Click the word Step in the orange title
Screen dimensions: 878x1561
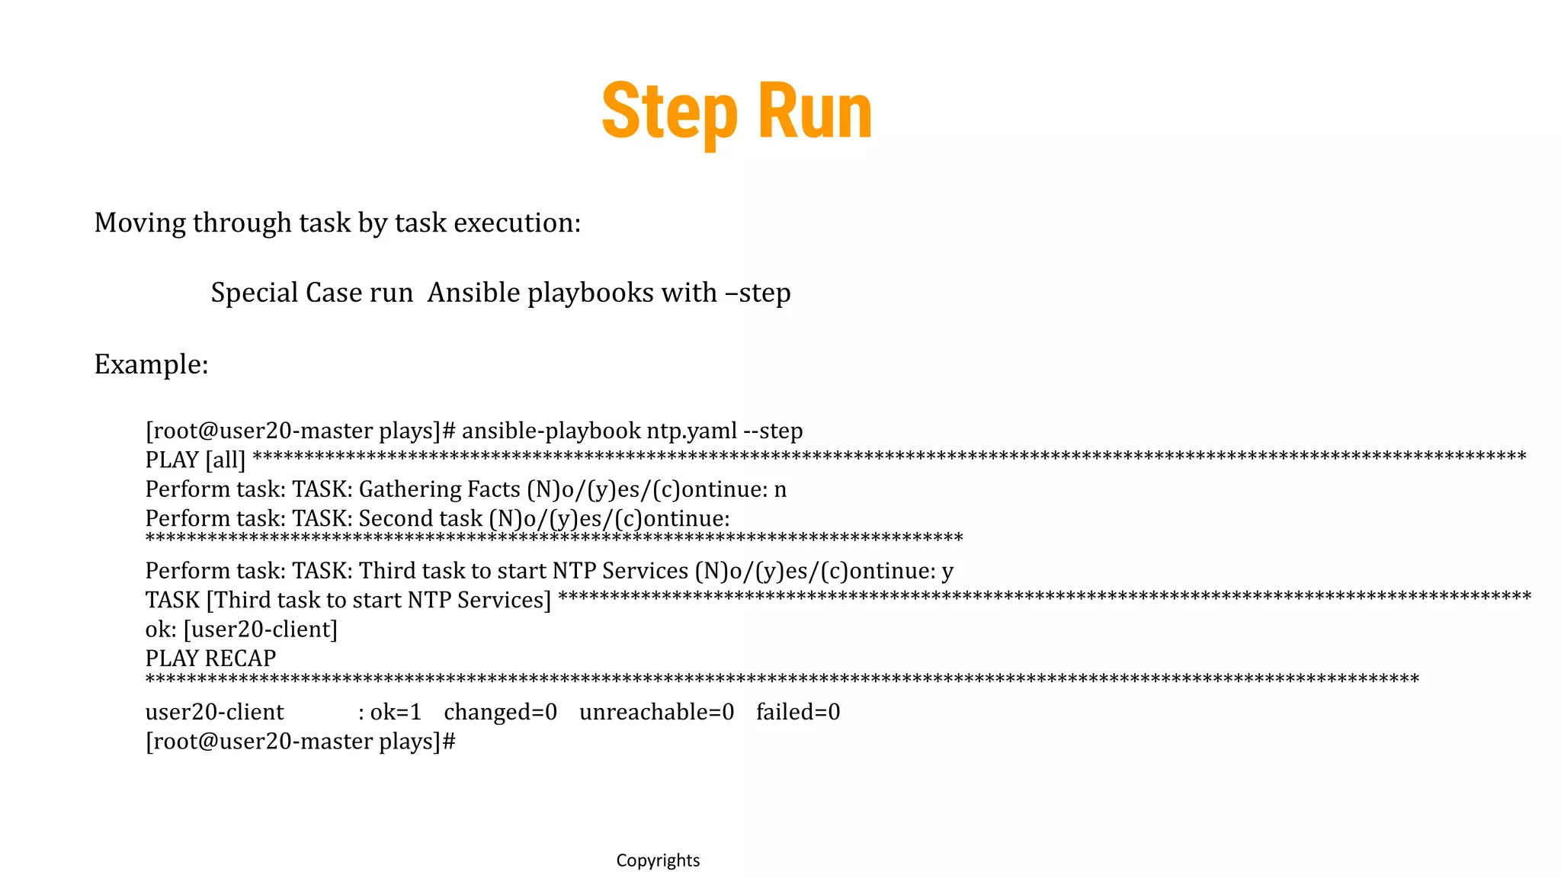coord(669,113)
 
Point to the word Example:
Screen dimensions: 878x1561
coord(151,364)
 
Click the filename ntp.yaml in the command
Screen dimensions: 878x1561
coord(691,431)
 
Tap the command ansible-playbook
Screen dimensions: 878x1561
coord(550,431)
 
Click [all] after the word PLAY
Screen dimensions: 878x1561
coord(225,460)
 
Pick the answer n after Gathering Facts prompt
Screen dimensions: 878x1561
coord(780,489)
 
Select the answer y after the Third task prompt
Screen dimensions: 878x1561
coord(947,571)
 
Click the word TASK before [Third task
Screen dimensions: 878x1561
coord(172,600)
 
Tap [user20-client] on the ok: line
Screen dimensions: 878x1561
coord(260,630)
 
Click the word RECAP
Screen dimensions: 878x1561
coord(240,658)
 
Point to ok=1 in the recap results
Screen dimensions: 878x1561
coord(395,712)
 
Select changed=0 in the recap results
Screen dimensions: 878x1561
coord(500,712)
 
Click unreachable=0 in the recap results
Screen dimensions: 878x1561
coord(656,712)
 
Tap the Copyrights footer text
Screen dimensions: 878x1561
coord(658,860)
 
